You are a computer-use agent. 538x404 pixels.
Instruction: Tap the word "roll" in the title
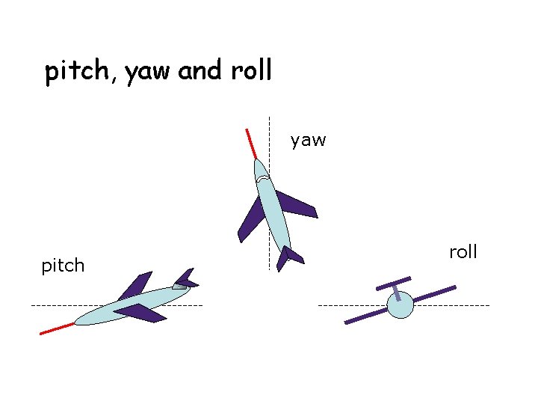pyautogui.click(x=252, y=71)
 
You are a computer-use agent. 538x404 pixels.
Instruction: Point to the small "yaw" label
pyautogui.click(x=308, y=140)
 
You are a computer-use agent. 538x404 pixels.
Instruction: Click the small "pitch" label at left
pyautogui.click(x=63, y=266)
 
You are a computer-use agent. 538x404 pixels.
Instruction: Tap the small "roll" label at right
pyautogui.click(x=463, y=252)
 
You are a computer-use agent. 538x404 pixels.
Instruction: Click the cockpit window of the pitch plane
pyautogui.click(x=179, y=286)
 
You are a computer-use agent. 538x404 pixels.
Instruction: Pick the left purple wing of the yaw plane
pyautogui.click(x=251, y=219)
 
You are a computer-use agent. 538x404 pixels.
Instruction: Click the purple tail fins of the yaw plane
pyautogui.click(x=288, y=257)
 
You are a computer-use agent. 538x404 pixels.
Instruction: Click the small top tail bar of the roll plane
pyautogui.click(x=394, y=283)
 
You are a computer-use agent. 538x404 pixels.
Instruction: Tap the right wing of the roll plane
pyautogui.click(x=434, y=294)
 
